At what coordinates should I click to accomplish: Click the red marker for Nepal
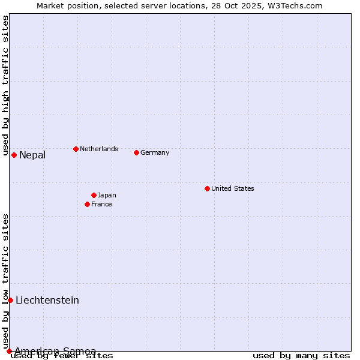click(14, 155)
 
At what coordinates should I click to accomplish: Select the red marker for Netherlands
click(76, 149)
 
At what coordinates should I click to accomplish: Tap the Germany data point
click(136, 152)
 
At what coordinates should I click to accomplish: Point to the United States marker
click(207, 188)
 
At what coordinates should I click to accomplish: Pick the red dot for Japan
click(94, 195)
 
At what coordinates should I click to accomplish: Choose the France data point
click(87, 204)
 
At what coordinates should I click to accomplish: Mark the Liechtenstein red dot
click(10, 300)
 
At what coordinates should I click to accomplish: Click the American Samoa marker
click(9, 351)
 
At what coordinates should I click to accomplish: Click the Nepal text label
click(32, 155)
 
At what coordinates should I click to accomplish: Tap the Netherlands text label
click(99, 149)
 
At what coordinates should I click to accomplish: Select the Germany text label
click(155, 152)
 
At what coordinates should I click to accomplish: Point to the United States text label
click(233, 188)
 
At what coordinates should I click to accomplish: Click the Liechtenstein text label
click(47, 301)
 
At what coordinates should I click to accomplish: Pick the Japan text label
click(107, 195)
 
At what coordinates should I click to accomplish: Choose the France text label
click(101, 204)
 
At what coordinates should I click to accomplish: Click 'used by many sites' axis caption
click(301, 356)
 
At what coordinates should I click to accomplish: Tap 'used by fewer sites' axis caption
click(62, 356)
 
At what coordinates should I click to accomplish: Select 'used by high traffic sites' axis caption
click(5, 86)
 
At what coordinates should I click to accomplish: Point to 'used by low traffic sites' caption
click(5, 281)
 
